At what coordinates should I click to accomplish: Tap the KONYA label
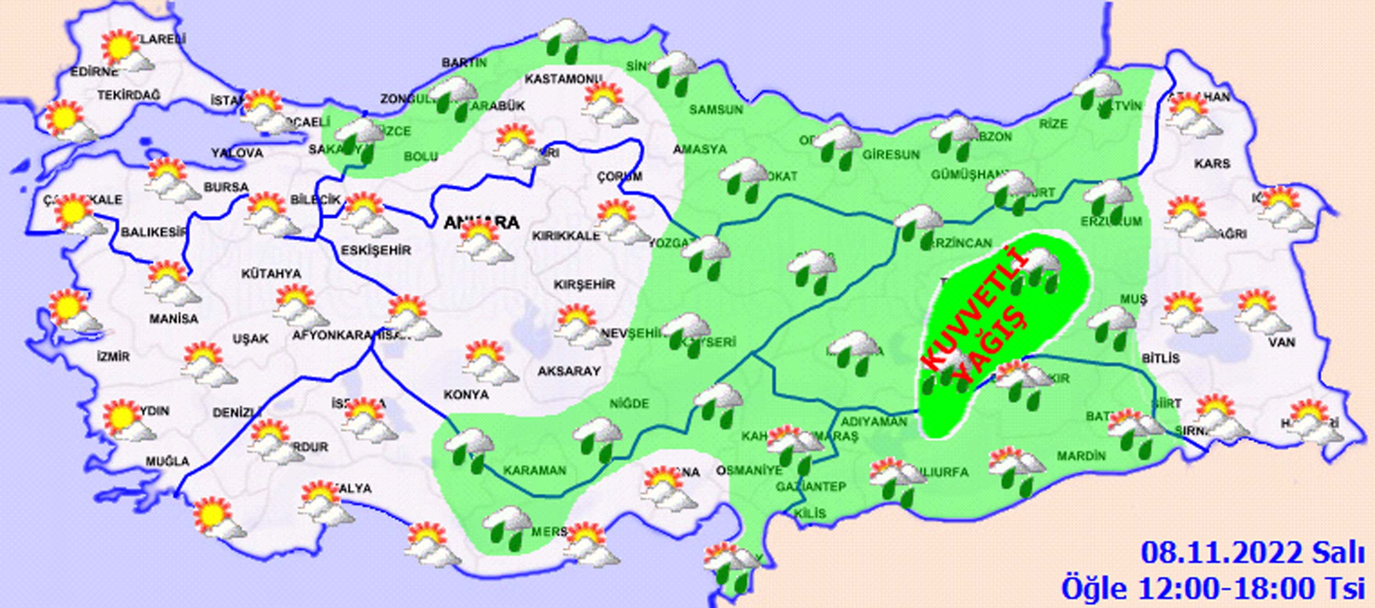pyautogui.click(x=466, y=394)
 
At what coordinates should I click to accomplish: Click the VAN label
pyautogui.click(x=1281, y=342)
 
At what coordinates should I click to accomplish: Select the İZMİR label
pyautogui.click(x=113, y=356)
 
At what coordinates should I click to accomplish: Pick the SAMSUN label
pyautogui.click(x=716, y=110)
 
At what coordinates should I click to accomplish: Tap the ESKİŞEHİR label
pyautogui.click(x=376, y=250)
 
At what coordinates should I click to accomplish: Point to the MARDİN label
pyautogui.click(x=1081, y=456)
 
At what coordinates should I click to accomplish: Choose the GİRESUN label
pyautogui.click(x=891, y=155)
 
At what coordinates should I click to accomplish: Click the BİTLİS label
pyautogui.click(x=1160, y=358)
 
